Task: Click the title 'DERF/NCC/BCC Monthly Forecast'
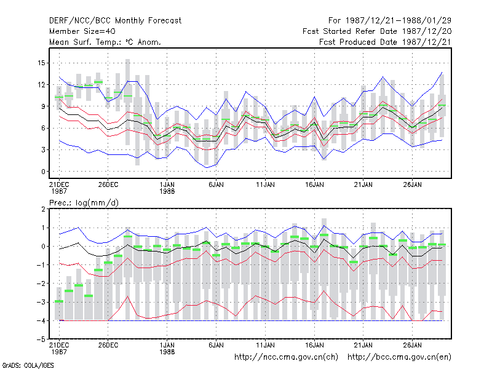(115, 21)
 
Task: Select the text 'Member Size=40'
(82, 31)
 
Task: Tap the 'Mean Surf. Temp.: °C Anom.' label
(105, 42)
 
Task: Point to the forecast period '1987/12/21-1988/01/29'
(398, 21)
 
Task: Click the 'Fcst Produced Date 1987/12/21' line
(385, 42)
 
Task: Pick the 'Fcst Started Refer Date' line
(377, 31)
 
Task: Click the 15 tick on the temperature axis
(41, 63)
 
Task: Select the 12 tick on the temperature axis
(41, 85)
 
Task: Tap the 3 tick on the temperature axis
(43, 150)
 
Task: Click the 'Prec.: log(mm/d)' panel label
(84, 203)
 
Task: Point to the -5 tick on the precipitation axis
(41, 339)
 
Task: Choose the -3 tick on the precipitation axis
(41, 302)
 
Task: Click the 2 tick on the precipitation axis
(43, 209)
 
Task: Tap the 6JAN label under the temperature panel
(216, 185)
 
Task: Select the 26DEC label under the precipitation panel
(108, 345)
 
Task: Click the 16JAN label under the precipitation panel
(314, 345)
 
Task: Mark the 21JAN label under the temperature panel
(363, 185)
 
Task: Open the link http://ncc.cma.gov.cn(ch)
(286, 357)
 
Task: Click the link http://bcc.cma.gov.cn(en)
(399, 357)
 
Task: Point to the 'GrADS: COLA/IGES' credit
(28, 365)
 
